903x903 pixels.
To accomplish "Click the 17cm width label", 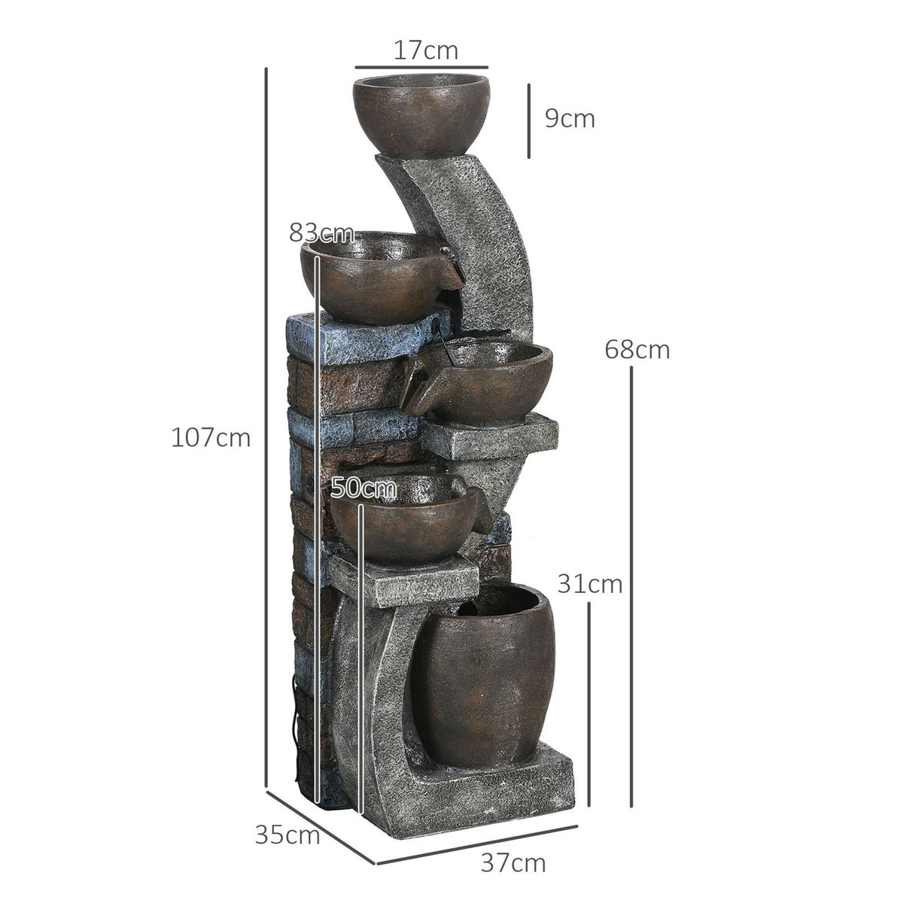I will pyautogui.click(x=424, y=51).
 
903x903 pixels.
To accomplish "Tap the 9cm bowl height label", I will pyautogui.click(x=570, y=119).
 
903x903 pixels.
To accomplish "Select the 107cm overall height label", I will pyautogui.click(x=210, y=437).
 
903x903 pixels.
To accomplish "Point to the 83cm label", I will pyautogui.click(x=321, y=233).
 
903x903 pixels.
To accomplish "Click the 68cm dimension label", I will pyautogui.click(x=637, y=350).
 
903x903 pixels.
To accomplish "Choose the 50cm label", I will pyautogui.click(x=363, y=488).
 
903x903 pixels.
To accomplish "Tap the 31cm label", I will pyautogui.click(x=590, y=583).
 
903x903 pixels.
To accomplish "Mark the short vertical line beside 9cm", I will pyautogui.click(x=529, y=120).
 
